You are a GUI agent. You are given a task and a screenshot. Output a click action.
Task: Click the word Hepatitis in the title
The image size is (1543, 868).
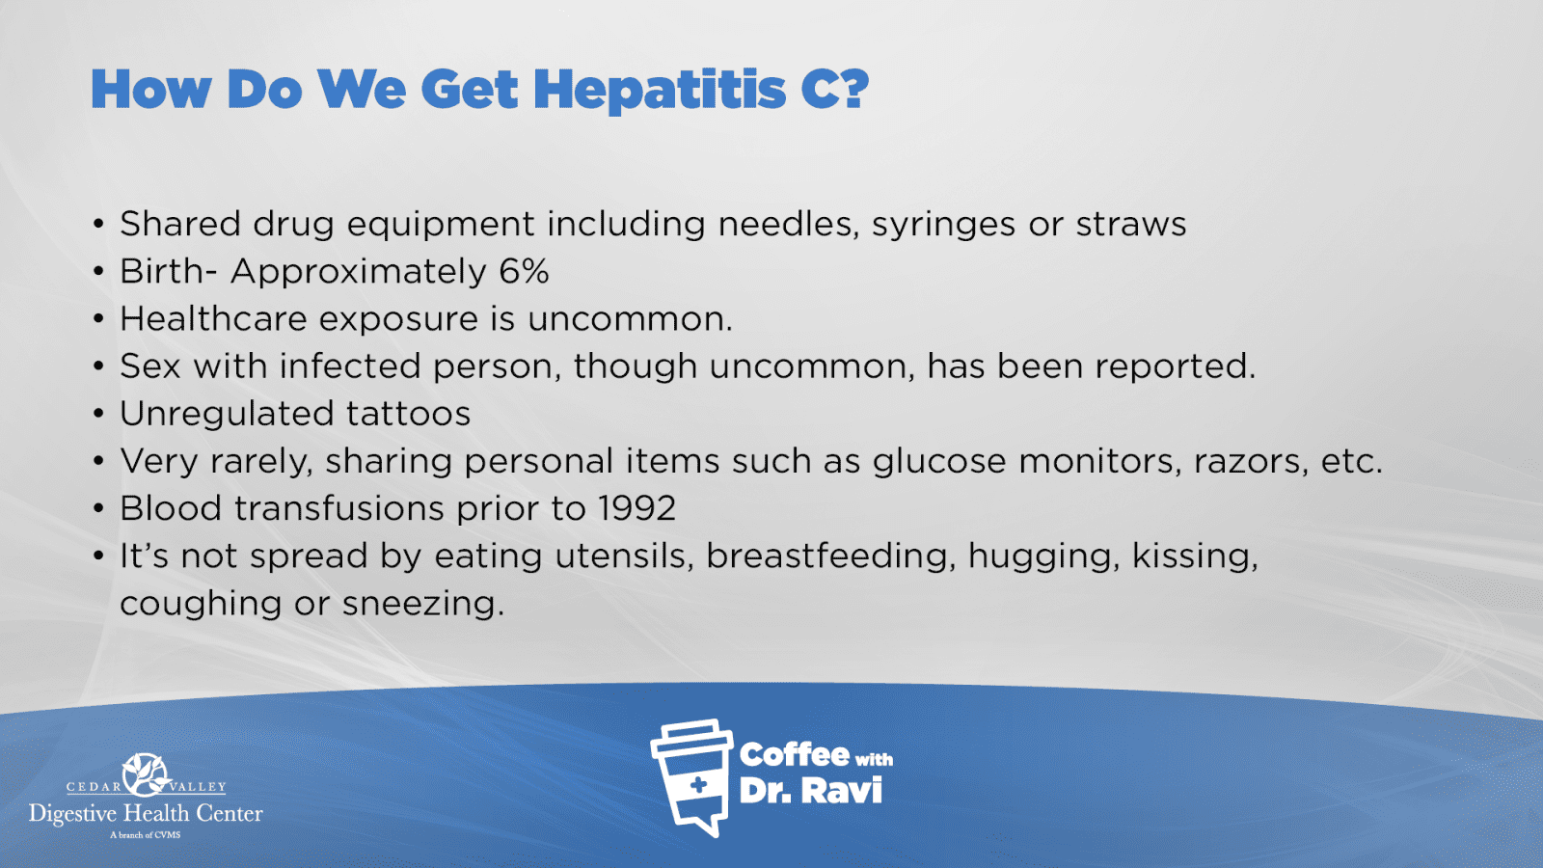tap(660, 91)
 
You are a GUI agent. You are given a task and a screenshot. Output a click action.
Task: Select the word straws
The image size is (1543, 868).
tap(1131, 225)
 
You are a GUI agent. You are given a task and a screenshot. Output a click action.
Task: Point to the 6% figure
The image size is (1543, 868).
tap(524, 271)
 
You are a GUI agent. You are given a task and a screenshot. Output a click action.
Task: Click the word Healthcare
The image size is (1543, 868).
tap(213, 319)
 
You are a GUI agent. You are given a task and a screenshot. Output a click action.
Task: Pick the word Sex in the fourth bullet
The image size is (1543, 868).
tap(150, 366)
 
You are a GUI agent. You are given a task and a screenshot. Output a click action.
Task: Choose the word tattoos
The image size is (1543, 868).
tap(408, 414)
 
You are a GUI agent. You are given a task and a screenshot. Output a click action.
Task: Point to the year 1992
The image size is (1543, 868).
tap(636, 508)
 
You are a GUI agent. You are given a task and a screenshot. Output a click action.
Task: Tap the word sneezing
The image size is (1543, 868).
tap(423, 605)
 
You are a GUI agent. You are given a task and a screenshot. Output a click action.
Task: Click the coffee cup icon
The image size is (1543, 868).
tap(691, 777)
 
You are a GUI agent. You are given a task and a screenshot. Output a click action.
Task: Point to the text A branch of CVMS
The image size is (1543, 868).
tap(146, 835)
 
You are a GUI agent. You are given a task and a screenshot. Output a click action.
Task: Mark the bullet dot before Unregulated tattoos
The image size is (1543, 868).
tap(98, 414)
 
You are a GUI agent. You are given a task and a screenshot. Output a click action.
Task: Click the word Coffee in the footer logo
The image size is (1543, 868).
tap(794, 755)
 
